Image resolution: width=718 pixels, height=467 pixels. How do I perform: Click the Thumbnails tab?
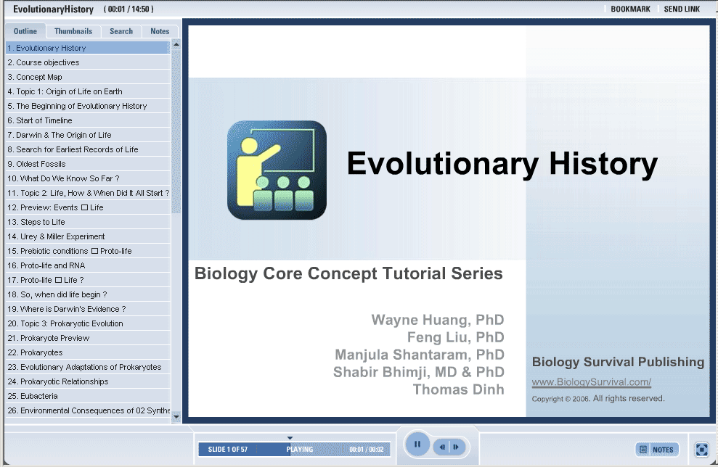pos(73,31)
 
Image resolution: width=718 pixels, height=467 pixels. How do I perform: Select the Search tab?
pos(121,31)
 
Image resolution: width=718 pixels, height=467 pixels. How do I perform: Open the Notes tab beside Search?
pos(160,31)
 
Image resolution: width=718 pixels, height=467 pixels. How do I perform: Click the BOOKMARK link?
pos(631,9)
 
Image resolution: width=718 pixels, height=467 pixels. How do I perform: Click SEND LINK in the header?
pos(682,9)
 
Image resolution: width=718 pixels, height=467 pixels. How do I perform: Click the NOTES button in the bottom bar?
pos(656,450)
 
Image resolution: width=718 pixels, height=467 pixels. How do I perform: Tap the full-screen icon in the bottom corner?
pos(701,450)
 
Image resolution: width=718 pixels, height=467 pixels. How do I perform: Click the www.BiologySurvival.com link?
pos(591,382)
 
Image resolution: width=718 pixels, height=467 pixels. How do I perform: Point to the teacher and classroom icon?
pos(277,170)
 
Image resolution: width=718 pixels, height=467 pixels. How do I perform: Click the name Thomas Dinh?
pos(458,389)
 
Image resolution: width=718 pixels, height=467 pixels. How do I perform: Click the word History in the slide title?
pos(603,163)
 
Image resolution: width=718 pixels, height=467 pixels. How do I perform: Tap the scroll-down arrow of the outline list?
pos(176,417)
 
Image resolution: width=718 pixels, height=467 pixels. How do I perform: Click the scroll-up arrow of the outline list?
pos(176,44)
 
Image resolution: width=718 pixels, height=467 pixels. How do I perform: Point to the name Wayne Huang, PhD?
pos(438,320)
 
